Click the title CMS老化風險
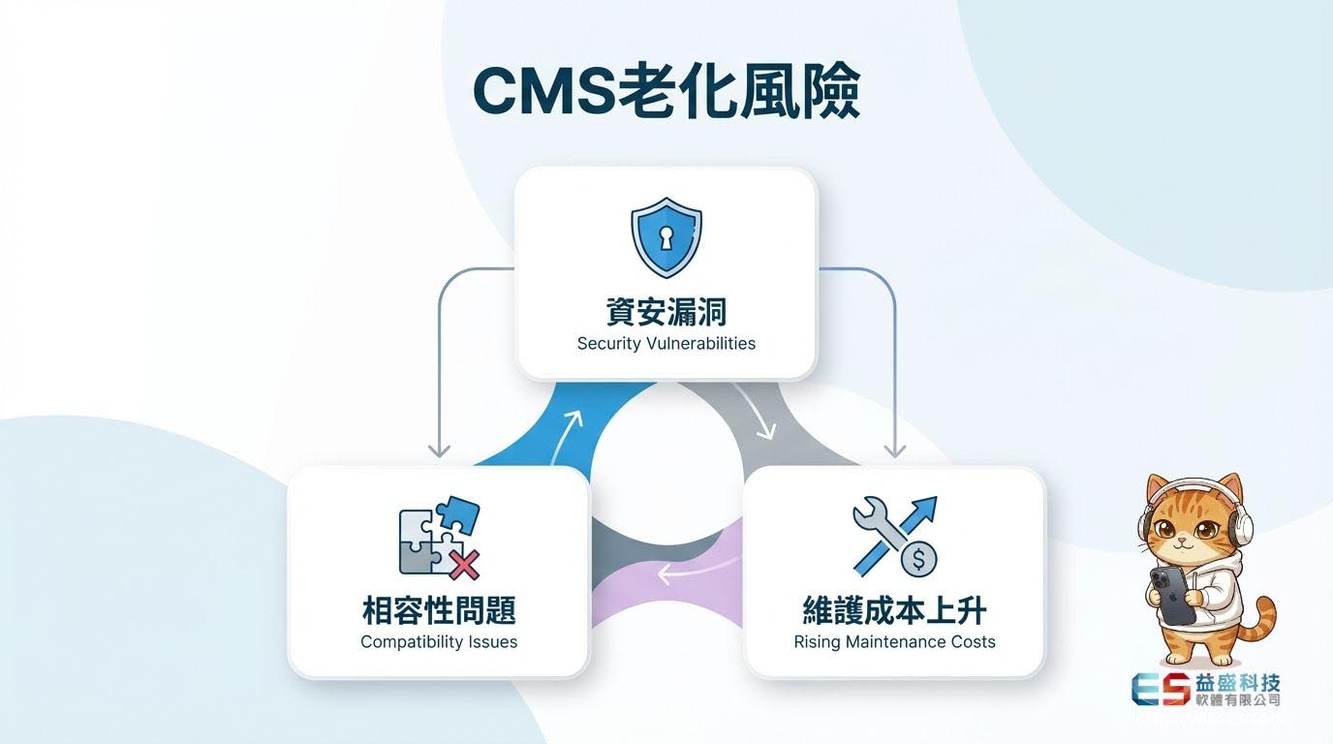[x=666, y=93]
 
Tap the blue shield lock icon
[x=666, y=236]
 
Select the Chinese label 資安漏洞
[x=666, y=312]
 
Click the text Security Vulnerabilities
[x=666, y=343]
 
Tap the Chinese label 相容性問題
[x=439, y=610]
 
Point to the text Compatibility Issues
[x=439, y=641]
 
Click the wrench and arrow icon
[x=893, y=535]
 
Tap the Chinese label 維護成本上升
[x=894, y=610]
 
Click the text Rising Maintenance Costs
[x=894, y=641]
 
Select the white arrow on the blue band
[x=569, y=427]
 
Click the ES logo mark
[x=1159, y=688]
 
